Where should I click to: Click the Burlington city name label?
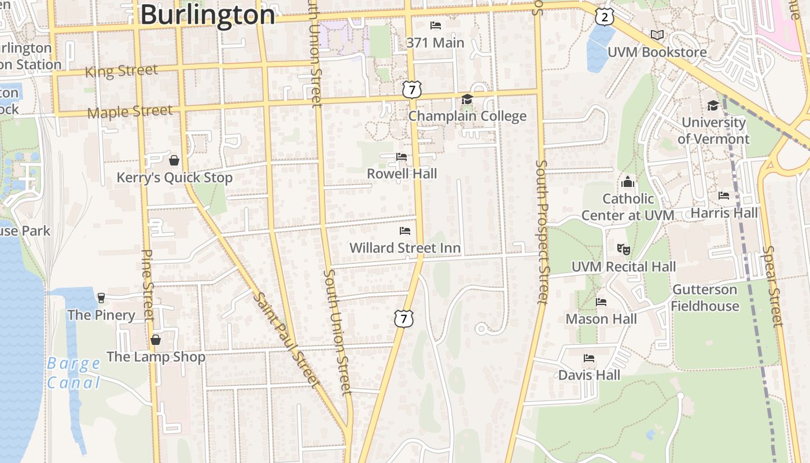coord(208,14)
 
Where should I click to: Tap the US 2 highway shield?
coord(605,17)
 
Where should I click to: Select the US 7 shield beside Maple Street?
coord(412,90)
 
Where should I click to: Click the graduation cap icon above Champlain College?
coord(467,100)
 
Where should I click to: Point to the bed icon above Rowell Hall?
coord(402,157)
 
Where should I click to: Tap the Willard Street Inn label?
coord(405,248)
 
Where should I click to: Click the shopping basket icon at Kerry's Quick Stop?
coord(174,160)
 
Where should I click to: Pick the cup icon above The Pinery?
coord(102,298)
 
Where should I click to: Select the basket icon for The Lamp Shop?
coord(156,340)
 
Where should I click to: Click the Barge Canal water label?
coord(73,373)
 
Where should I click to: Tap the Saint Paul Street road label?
coord(286,339)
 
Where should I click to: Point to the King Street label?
coord(121,71)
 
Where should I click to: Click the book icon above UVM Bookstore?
coord(657,35)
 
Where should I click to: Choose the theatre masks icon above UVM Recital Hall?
coord(623,249)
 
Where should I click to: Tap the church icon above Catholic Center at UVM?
coord(628,182)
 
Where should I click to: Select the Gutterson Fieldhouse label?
coord(705,297)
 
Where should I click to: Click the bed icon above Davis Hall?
coord(589,358)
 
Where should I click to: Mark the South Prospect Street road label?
coord(542,231)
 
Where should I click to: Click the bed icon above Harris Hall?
coord(724,196)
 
